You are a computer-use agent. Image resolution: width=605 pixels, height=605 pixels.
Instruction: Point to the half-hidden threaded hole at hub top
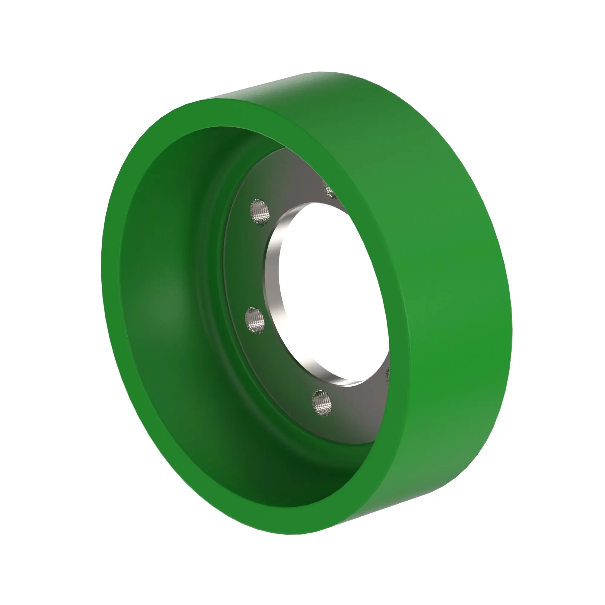[330, 190]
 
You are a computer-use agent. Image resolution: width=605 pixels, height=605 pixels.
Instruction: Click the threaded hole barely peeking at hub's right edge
[387, 374]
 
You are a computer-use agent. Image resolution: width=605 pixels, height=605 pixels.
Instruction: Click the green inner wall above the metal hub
[219, 147]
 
